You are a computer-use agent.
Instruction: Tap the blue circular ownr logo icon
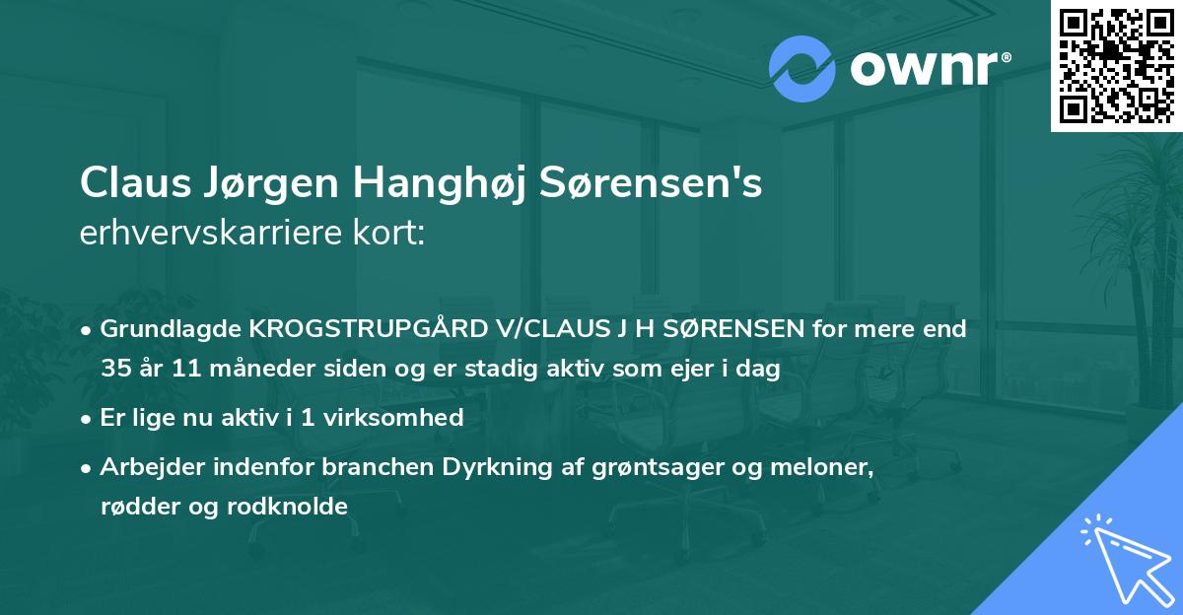pyautogui.click(x=801, y=69)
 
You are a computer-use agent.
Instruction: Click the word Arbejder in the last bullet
pyautogui.click(x=146, y=466)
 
